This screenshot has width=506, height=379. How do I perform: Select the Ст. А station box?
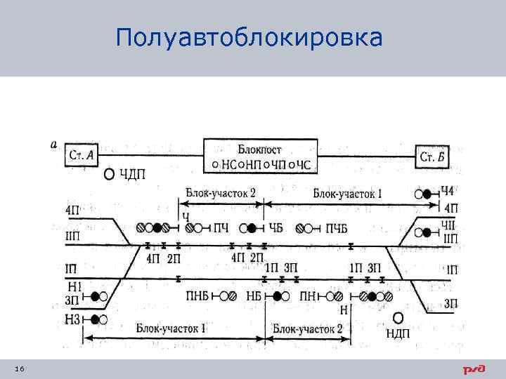pyautogui.click(x=83, y=155)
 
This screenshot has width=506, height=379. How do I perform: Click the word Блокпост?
pyautogui.click(x=259, y=149)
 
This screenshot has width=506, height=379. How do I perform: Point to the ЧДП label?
pyautogui.click(x=131, y=174)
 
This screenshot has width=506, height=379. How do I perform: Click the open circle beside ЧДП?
pyautogui.click(x=109, y=174)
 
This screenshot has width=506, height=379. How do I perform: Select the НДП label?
pyautogui.click(x=398, y=333)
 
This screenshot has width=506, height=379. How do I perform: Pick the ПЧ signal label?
pyautogui.click(x=220, y=227)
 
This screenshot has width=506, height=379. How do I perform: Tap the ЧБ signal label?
pyautogui.click(x=275, y=227)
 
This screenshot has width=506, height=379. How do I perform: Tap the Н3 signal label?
pyautogui.click(x=73, y=320)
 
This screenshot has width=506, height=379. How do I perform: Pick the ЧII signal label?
pyautogui.click(x=448, y=224)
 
